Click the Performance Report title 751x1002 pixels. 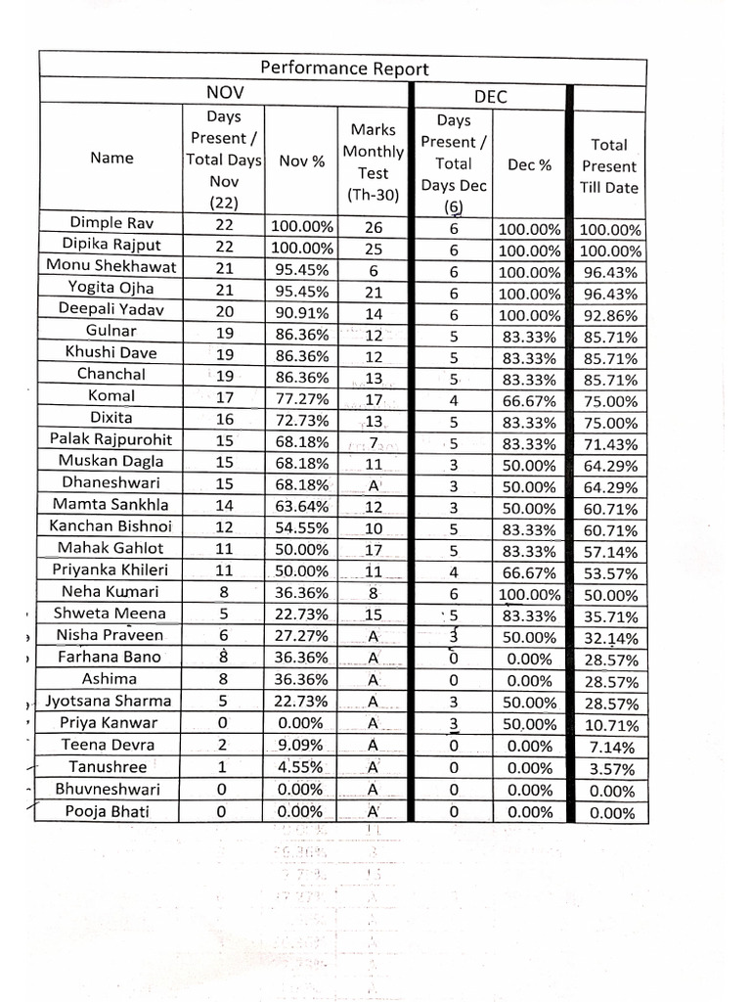(344, 68)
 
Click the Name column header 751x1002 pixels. (111, 158)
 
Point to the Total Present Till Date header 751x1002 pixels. (609, 165)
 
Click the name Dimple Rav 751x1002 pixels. (111, 223)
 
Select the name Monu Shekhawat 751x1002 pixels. (111, 265)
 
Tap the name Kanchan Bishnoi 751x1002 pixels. (111, 525)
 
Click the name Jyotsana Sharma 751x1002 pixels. (109, 701)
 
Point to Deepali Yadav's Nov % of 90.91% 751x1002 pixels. (302, 310)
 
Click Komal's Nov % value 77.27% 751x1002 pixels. (302, 397)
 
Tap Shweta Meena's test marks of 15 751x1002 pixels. (373, 614)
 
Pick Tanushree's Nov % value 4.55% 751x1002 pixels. (302, 767)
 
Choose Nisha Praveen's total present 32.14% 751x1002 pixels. (609, 638)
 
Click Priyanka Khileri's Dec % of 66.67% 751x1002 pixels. (529, 571)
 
